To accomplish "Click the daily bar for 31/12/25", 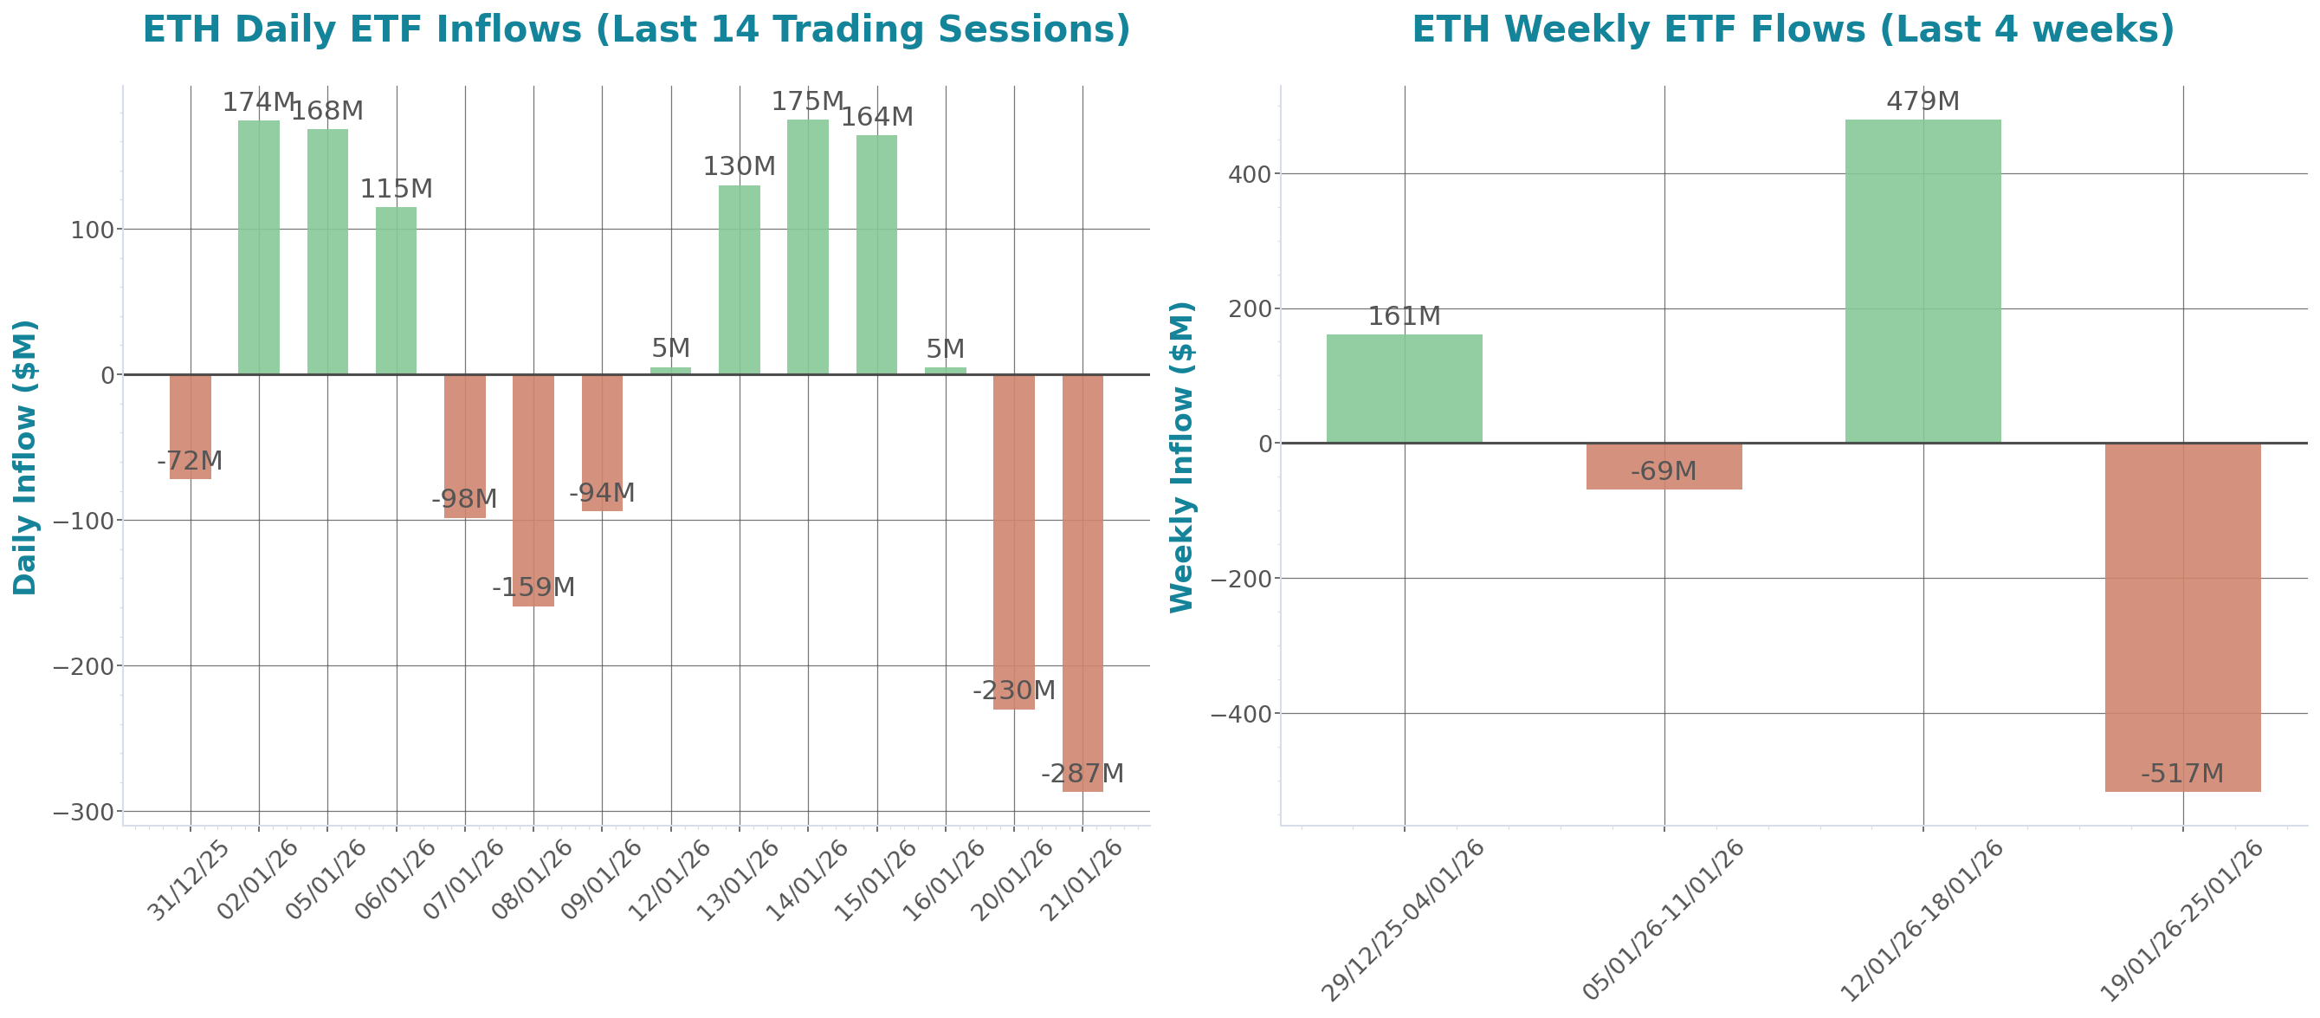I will [190, 425].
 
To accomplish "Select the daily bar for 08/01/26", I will [533, 490].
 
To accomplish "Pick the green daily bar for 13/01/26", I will [740, 279].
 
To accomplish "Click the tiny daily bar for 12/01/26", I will [671, 370].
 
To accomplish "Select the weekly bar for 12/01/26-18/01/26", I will [1923, 280].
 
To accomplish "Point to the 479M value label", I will [1923, 101].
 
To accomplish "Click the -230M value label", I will [1013, 691].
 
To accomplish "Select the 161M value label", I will [1404, 316].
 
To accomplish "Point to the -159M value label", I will [533, 587].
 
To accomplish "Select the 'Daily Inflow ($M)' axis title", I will [24, 457].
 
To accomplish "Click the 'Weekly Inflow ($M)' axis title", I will [1181, 457].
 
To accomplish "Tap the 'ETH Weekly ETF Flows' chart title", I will [1793, 29].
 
